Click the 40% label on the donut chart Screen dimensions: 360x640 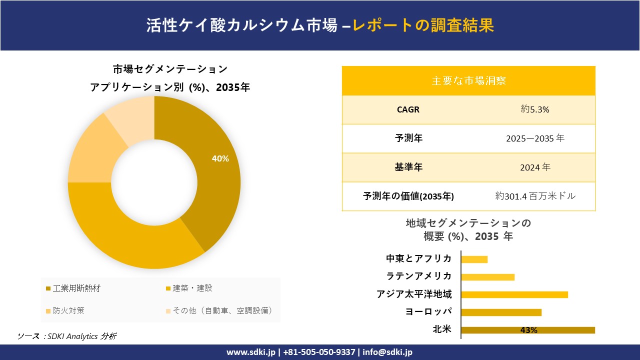coord(220,158)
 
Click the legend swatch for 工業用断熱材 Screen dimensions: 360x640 coord(48,288)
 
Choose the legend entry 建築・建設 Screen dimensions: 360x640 coord(192,288)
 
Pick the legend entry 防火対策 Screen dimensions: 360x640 coord(68,310)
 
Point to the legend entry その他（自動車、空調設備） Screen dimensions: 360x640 coord(222,310)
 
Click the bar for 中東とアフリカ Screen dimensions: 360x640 coord(474,259)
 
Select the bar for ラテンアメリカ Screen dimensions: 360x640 coord(487,277)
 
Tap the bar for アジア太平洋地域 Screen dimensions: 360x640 coord(514,294)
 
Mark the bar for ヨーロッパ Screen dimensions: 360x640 coord(501,312)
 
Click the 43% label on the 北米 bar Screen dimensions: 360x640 coord(528,330)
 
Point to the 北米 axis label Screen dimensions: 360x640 coord(442,329)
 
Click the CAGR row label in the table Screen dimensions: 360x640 coord(408,109)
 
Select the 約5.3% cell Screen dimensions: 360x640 coord(535,109)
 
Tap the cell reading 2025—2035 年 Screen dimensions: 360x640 coord(535,138)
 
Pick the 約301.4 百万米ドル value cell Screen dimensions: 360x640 coord(535,196)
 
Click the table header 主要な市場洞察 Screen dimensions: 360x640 coord(468,80)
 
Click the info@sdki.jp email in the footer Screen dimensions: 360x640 coord(387,352)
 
